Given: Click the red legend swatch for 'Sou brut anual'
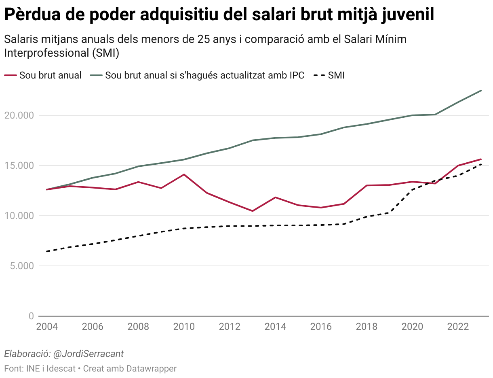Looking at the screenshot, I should (x=11, y=75).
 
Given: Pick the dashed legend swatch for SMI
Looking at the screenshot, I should (x=319, y=75).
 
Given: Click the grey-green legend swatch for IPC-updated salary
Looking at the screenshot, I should (x=96, y=75).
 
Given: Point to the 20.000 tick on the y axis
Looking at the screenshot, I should (x=19, y=115).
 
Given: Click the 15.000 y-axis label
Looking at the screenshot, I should (x=19, y=166).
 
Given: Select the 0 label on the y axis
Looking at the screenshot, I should (x=31, y=316).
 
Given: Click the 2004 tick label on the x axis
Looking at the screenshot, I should (x=47, y=327).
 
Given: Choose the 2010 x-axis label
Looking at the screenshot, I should (x=184, y=327).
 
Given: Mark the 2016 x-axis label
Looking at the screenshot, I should (x=321, y=327).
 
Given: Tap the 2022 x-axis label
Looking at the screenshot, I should (x=458, y=327).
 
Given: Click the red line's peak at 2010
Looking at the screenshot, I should (x=184, y=174).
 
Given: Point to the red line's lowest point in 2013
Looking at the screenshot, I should (x=253, y=211).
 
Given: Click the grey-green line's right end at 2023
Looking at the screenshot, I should (x=481, y=91).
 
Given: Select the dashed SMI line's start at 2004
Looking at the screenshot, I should (x=47, y=251).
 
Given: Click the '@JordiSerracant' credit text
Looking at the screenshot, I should (x=88, y=354).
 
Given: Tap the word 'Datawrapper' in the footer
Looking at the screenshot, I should (x=151, y=369).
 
